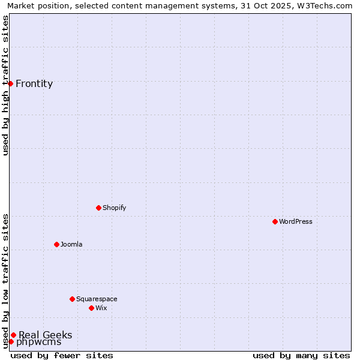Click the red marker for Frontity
[x=11, y=83]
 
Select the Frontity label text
[x=34, y=84]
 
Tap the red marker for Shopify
[x=98, y=208]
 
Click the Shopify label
[x=114, y=208]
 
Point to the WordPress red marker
[x=275, y=221]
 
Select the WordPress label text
[x=295, y=222]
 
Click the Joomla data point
[x=56, y=244]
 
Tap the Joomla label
[x=71, y=245]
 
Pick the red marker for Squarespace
[x=72, y=299]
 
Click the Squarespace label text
[x=97, y=299]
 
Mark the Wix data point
[x=91, y=308]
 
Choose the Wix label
[x=101, y=308]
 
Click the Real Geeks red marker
[x=13, y=335]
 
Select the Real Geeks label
[x=46, y=335]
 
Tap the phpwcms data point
[x=11, y=341]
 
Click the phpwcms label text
[x=38, y=343]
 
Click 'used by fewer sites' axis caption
[x=62, y=355]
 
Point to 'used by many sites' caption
[x=301, y=355]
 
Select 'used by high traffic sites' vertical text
[x=5, y=85]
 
